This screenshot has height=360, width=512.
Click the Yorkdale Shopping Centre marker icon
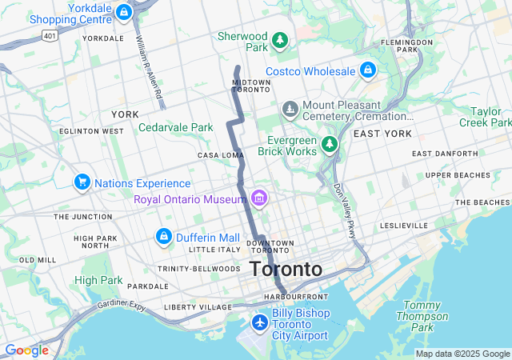pyautogui.click(x=123, y=12)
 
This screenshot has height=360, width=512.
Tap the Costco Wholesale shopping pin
pyautogui.click(x=367, y=70)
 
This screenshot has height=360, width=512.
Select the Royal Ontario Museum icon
pyautogui.click(x=258, y=198)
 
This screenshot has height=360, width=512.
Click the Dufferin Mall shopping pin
pyautogui.click(x=163, y=237)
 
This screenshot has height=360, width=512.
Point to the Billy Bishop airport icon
pyautogui.click(x=259, y=322)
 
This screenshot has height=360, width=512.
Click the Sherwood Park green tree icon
pyautogui.click(x=279, y=39)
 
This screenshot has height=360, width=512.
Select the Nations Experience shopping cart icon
pyautogui.click(x=82, y=183)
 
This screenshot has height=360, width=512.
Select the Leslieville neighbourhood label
pyautogui.click(x=404, y=226)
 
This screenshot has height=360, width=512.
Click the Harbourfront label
pyautogui.click(x=292, y=297)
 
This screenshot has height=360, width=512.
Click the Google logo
pyautogui.click(x=26, y=350)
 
